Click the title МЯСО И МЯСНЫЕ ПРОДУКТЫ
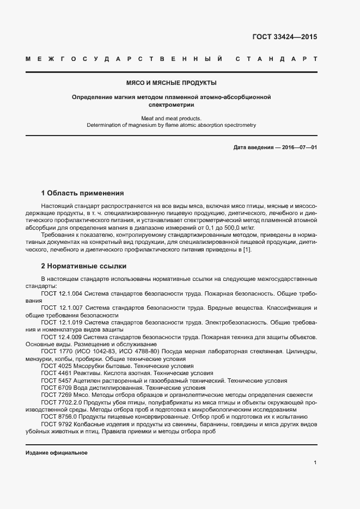(172, 83)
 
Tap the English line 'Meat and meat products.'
(172, 118)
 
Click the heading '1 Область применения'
(82, 193)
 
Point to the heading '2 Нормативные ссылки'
(84, 266)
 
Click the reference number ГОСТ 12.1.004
(62, 293)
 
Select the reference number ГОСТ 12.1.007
(62, 308)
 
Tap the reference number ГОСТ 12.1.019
(62, 322)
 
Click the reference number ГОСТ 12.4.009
(62, 337)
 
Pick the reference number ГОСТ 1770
(55, 352)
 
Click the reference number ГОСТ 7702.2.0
(59, 402)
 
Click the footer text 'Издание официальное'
(57, 452)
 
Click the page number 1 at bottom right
(315, 462)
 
